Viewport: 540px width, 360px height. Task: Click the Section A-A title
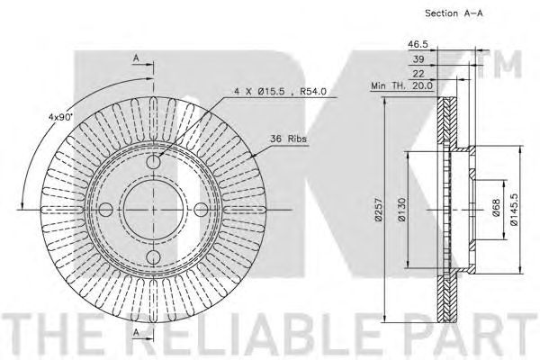pyautogui.click(x=454, y=13)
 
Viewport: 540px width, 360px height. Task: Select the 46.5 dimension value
pyautogui.click(x=418, y=44)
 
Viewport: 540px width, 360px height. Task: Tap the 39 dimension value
pyautogui.click(x=418, y=58)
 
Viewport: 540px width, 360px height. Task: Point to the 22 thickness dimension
pyautogui.click(x=418, y=74)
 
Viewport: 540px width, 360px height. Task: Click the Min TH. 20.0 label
pyautogui.click(x=401, y=85)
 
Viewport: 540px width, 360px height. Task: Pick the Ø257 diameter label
pyautogui.click(x=379, y=209)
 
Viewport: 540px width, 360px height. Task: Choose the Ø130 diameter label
pyautogui.click(x=401, y=209)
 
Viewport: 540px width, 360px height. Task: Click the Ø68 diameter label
pyautogui.click(x=496, y=208)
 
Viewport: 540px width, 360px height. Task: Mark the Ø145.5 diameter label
pyautogui.click(x=514, y=209)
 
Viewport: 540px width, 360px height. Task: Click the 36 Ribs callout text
pyautogui.click(x=288, y=139)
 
